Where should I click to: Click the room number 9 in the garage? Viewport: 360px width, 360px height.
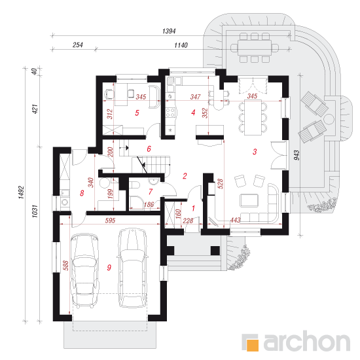109,268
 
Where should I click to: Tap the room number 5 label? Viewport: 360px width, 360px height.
137,113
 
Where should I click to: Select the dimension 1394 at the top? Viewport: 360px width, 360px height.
169,31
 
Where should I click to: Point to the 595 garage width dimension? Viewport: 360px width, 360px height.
110,221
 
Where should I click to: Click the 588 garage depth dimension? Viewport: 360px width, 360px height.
65,265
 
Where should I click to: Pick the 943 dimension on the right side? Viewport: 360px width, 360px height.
297,155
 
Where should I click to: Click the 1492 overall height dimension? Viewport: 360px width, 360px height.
21,192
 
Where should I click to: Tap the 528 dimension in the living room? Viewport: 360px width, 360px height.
220,184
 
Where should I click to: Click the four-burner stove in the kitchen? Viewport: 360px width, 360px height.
170,113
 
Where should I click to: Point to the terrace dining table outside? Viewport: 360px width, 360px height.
255,48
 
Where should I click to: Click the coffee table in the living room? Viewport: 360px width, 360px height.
249,200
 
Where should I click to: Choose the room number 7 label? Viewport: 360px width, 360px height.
151,192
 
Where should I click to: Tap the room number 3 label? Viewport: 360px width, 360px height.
255,152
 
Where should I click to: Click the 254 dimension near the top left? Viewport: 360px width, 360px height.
78,45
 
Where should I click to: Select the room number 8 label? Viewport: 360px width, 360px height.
82,193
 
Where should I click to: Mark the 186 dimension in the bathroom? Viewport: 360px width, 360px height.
149,204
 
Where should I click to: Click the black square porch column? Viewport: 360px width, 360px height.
215,251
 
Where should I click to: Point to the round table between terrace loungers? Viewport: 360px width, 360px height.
329,119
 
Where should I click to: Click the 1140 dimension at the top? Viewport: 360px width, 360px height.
181,45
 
